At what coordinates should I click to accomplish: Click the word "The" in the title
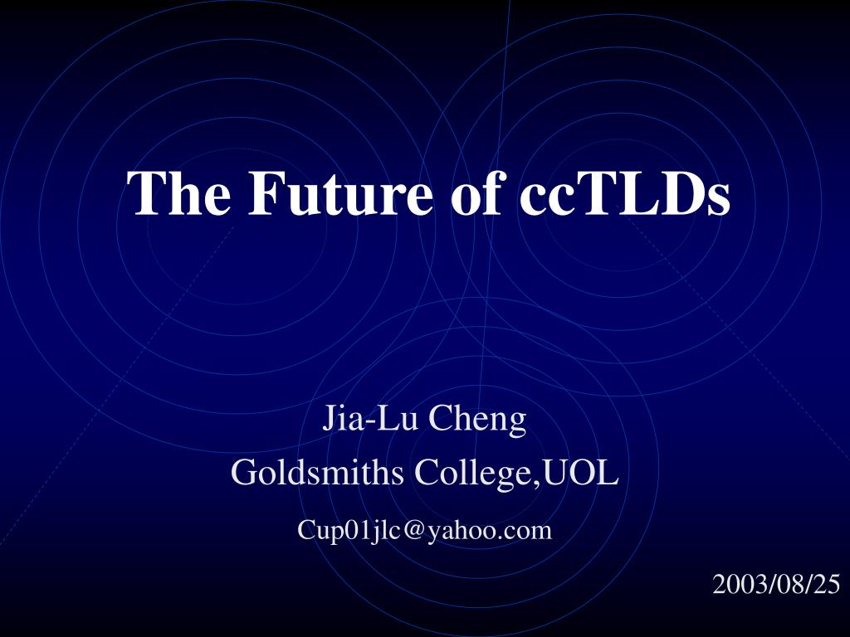178,193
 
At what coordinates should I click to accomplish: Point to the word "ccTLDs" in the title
624,193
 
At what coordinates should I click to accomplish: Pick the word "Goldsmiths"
318,472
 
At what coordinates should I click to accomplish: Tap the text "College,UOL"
516,473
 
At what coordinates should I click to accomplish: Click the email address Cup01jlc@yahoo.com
424,530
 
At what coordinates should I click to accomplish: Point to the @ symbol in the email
413,531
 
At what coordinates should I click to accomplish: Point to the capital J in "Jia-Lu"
329,418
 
